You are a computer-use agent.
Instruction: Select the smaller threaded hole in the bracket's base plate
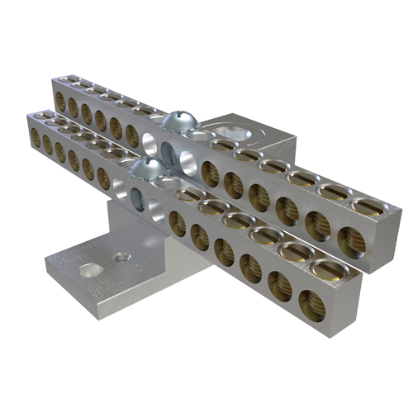click(122, 258)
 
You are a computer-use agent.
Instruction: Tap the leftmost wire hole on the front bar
click(35, 137)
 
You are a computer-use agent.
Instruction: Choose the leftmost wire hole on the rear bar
click(60, 101)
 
